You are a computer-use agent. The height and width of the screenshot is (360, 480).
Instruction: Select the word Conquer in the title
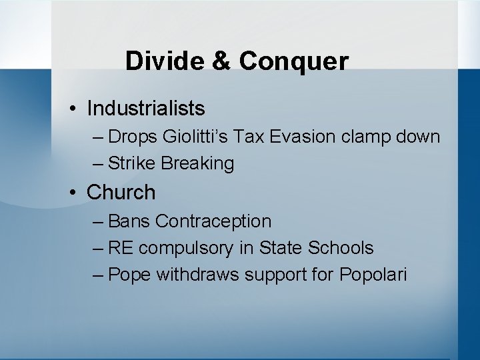click(x=293, y=61)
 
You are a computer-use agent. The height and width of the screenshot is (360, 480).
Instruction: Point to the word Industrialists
click(x=146, y=107)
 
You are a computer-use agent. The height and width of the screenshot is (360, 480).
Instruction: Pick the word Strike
click(x=131, y=163)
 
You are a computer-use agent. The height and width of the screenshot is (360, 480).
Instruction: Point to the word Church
click(x=121, y=192)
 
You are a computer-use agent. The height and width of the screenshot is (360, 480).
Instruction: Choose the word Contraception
click(x=215, y=221)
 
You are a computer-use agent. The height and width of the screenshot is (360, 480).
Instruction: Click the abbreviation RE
click(x=121, y=248)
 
